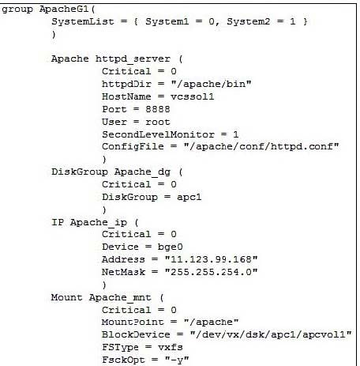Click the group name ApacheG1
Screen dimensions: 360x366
(x=64, y=9)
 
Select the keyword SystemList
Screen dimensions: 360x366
(x=83, y=21)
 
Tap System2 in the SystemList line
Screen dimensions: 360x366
(x=248, y=21)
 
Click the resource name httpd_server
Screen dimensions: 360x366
(x=133, y=59)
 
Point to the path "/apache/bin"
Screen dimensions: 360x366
(x=211, y=85)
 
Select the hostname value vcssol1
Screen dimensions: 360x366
(x=192, y=96)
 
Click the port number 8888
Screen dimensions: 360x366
(x=158, y=109)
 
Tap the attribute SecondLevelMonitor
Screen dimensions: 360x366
(x=158, y=134)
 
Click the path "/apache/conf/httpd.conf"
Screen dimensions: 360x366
(x=261, y=147)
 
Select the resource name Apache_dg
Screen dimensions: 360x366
(x=142, y=172)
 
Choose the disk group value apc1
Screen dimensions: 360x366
(x=189, y=198)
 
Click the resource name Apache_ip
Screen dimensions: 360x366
(x=99, y=223)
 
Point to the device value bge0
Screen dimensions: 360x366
(x=170, y=247)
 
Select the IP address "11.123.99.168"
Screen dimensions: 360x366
(x=211, y=259)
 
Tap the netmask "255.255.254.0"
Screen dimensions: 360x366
(x=211, y=272)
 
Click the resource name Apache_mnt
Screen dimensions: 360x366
(x=120, y=298)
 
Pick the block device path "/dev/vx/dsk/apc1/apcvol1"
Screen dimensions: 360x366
(x=271, y=334)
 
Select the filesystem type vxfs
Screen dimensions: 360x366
(x=171, y=347)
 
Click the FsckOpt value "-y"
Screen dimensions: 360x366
(x=177, y=360)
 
